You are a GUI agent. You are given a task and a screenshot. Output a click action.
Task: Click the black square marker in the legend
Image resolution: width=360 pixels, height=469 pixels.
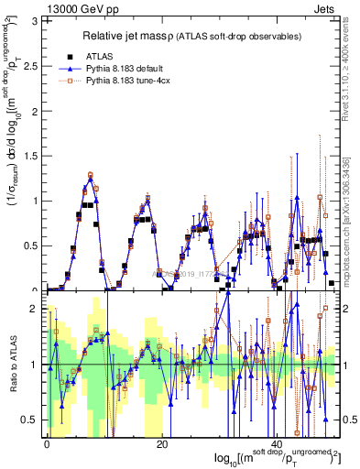(71, 56)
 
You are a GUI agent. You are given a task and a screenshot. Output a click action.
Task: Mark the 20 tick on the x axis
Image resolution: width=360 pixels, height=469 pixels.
(162, 442)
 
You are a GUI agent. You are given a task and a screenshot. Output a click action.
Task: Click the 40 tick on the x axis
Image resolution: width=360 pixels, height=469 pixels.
(278, 442)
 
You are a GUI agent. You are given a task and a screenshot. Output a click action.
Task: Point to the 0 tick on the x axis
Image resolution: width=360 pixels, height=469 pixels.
(48, 442)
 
